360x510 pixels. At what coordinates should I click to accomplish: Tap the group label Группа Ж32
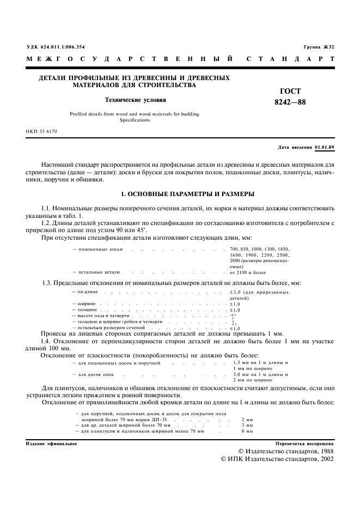(x=319, y=47)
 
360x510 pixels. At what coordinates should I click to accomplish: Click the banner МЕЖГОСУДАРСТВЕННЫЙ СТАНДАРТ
(x=180, y=58)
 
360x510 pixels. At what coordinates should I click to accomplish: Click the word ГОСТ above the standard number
(x=290, y=92)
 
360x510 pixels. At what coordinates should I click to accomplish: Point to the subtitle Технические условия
(x=135, y=100)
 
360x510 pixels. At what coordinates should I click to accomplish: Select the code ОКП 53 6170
(x=41, y=132)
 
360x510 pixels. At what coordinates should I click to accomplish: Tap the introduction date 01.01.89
(x=325, y=148)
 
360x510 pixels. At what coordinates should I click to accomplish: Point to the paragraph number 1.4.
(x=47, y=341)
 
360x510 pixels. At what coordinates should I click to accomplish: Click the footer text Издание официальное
(x=52, y=444)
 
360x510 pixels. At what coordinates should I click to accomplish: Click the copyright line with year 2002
(x=278, y=459)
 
